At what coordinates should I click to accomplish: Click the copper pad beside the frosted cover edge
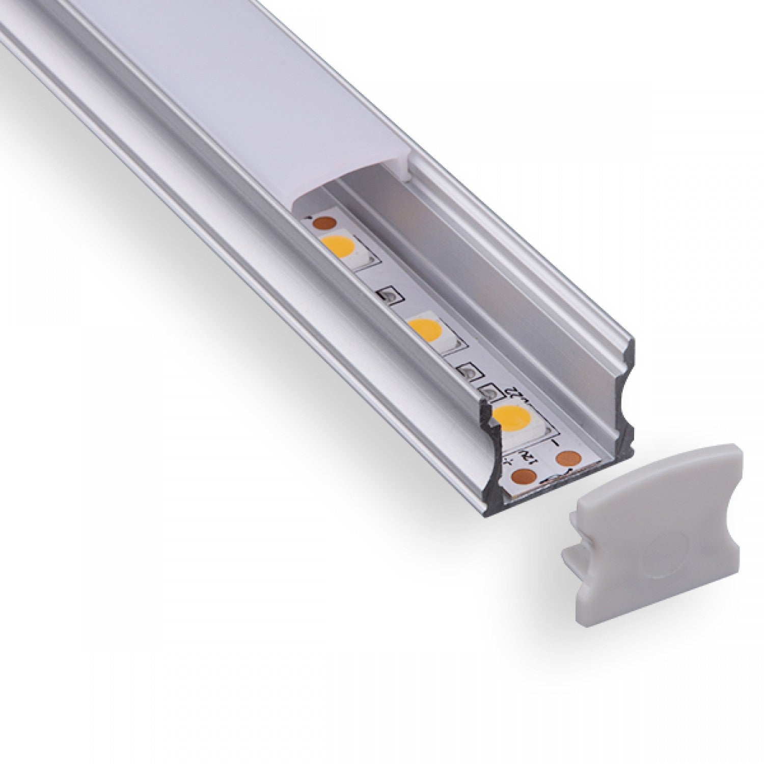tap(322, 222)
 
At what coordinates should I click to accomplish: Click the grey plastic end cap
tap(657, 535)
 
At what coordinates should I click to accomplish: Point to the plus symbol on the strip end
tap(508, 462)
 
